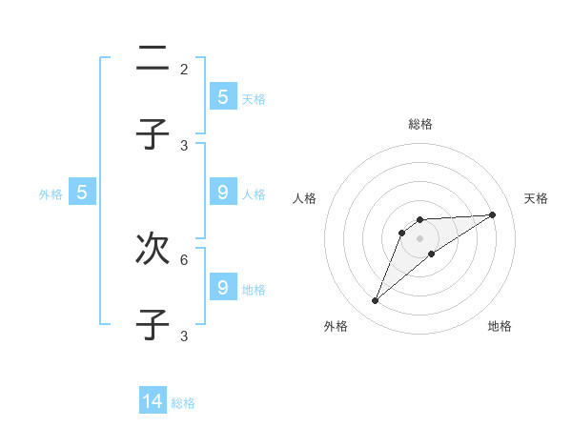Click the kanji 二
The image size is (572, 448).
(x=153, y=59)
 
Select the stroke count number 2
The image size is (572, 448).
(x=184, y=70)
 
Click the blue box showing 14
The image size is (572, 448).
(x=153, y=401)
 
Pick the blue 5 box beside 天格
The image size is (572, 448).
(x=223, y=96)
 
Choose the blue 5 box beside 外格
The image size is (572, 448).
(x=82, y=193)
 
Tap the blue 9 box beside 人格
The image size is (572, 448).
(x=223, y=193)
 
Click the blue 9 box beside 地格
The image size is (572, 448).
(x=223, y=286)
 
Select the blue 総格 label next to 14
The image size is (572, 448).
(x=183, y=403)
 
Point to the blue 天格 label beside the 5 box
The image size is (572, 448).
(x=254, y=98)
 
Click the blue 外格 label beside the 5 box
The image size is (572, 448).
(x=51, y=194)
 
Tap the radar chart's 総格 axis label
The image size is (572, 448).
(x=420, y=124)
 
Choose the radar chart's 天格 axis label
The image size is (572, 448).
(x=536, y=198)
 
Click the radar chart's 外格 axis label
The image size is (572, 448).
(x=336, y=326)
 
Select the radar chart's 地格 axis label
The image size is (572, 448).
(x=500, y=326)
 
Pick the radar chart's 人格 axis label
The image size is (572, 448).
(x=305, y=198)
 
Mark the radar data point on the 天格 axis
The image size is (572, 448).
(x=492, y=214)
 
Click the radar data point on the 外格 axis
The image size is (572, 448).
(x=375, y=301)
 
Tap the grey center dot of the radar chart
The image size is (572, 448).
(x=420, y=237)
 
